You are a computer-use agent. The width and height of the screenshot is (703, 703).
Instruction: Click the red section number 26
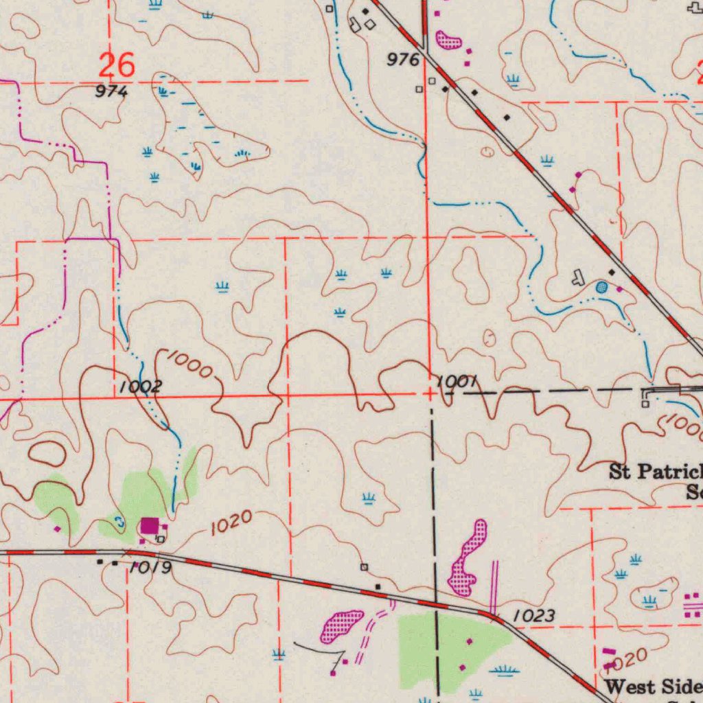click(x=116, y=66)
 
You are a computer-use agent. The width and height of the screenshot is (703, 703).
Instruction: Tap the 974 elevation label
click(x=111, y=91)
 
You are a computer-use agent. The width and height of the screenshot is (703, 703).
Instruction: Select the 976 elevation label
click(x=403, y=60)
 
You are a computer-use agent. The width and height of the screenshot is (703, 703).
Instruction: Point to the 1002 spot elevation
click(x=140, y=387)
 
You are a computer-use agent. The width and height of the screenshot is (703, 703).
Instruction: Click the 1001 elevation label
click(x=457, y=382)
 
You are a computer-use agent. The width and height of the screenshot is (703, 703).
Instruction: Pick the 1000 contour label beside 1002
click(x=189, y=364)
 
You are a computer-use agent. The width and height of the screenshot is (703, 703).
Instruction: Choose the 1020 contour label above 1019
click(x=231, y=523)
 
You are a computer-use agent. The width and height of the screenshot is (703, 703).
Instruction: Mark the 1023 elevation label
click(x=534, y=616)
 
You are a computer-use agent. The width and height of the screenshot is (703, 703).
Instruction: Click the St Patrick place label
click(x=656, y=472)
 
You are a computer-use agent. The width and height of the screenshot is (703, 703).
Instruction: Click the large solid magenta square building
click(x=150, y=527)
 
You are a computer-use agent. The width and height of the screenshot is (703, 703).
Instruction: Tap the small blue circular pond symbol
click(x=601, y=286)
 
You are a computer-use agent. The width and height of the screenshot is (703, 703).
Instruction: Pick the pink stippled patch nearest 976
click(x=448, y=40)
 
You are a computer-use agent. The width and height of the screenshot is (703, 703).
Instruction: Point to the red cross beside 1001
click(x=430, y=394)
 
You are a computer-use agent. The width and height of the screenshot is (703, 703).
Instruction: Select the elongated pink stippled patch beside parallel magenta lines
click(x=467, y=557)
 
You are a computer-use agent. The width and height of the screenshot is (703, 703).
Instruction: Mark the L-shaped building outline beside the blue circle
click(x=579, y=277)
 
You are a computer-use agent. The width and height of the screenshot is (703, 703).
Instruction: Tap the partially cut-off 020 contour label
click(x=626, y=660)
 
